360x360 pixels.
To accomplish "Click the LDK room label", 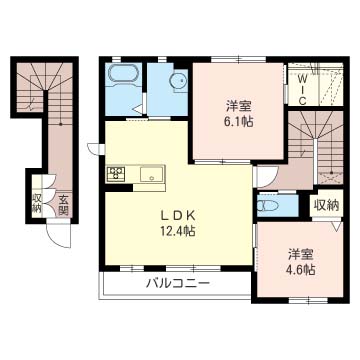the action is (178, 216).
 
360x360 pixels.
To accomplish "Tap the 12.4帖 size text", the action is (178, 231).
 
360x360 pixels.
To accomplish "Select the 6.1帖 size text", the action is (238, 122).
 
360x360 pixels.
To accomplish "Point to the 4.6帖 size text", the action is (300, 269).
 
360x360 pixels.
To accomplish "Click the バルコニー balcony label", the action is (179, 284).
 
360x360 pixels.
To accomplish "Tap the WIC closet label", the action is (302, 90).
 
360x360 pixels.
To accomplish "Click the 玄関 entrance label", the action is (63, 205).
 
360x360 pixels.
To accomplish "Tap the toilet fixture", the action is (268, 206).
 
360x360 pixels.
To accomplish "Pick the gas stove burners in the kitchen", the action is (116, 174).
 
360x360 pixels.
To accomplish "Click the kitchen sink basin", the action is (152, 174).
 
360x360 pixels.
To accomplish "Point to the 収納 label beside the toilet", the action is (326, 205).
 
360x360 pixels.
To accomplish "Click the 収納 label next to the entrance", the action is (36, 203).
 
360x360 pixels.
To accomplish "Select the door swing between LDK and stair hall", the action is (267, 178).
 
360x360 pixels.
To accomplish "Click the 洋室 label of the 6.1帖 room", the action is (238, 107).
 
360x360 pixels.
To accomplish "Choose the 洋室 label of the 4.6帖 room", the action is (300, 255).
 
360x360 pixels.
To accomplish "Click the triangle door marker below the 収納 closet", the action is (337, 227).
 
